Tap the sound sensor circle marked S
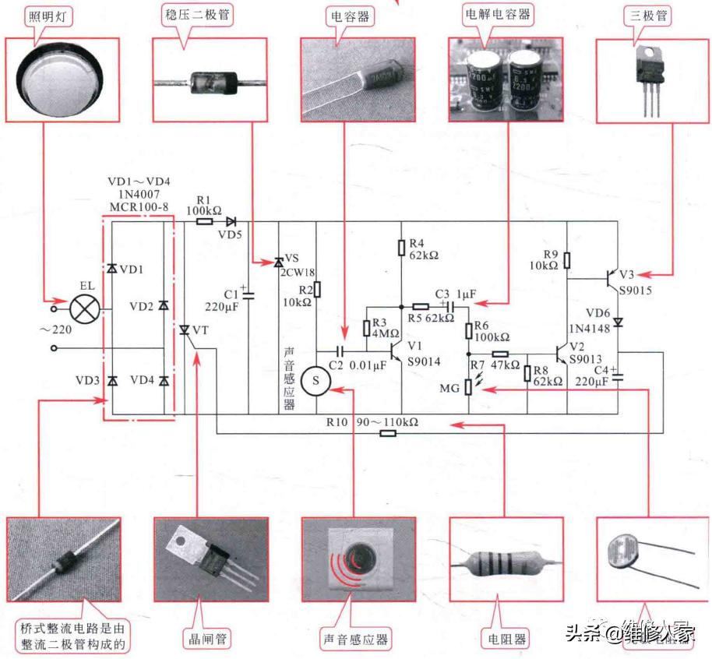pyautogui.click(x=315, y=380)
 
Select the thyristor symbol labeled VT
pyautogui.click(x=185, y=331)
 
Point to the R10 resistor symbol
pyautogui.click(x=387, y=433)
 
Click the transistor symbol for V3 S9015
pyautogui.click(x=612, y=277)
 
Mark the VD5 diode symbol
pyautogui.click(x=230, y=221)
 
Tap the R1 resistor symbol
pyautogui.click(x=204, y=221)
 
